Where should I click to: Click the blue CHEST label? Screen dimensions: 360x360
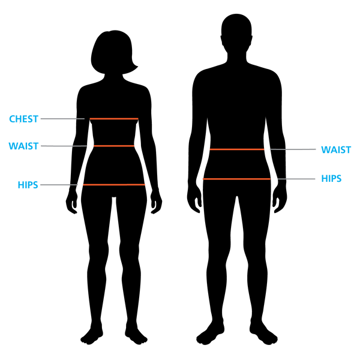coord(23,119)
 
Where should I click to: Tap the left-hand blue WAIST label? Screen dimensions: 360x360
coord(23,146)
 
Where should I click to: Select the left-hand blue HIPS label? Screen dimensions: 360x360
coord(28,185)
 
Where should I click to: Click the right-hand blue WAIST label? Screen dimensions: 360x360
coord(335,149)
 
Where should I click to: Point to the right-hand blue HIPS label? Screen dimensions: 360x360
coord(331,179)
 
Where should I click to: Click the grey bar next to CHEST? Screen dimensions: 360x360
coord(57,119)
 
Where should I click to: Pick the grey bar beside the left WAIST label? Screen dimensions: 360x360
coord(56,146)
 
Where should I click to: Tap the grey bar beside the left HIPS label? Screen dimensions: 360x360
coord(54,185)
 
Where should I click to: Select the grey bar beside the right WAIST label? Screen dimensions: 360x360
coord(301,149)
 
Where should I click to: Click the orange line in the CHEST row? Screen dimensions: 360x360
coord(114,119)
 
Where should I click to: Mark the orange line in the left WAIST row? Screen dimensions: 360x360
coord(114,146)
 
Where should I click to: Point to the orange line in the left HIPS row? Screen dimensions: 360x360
coord(114,185)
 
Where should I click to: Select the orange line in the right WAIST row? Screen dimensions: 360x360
coord(236,149)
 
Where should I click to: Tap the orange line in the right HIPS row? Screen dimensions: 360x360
coord(236,179)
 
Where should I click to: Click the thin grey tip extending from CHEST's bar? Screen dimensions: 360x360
coord(80,119)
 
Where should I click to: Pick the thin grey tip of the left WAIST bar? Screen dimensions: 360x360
coord(80,146)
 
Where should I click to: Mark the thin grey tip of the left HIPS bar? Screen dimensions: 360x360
coord(74,185)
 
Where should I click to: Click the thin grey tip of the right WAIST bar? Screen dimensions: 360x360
coord(277,149)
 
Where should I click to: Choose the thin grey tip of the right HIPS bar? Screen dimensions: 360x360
coord(281,179)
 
